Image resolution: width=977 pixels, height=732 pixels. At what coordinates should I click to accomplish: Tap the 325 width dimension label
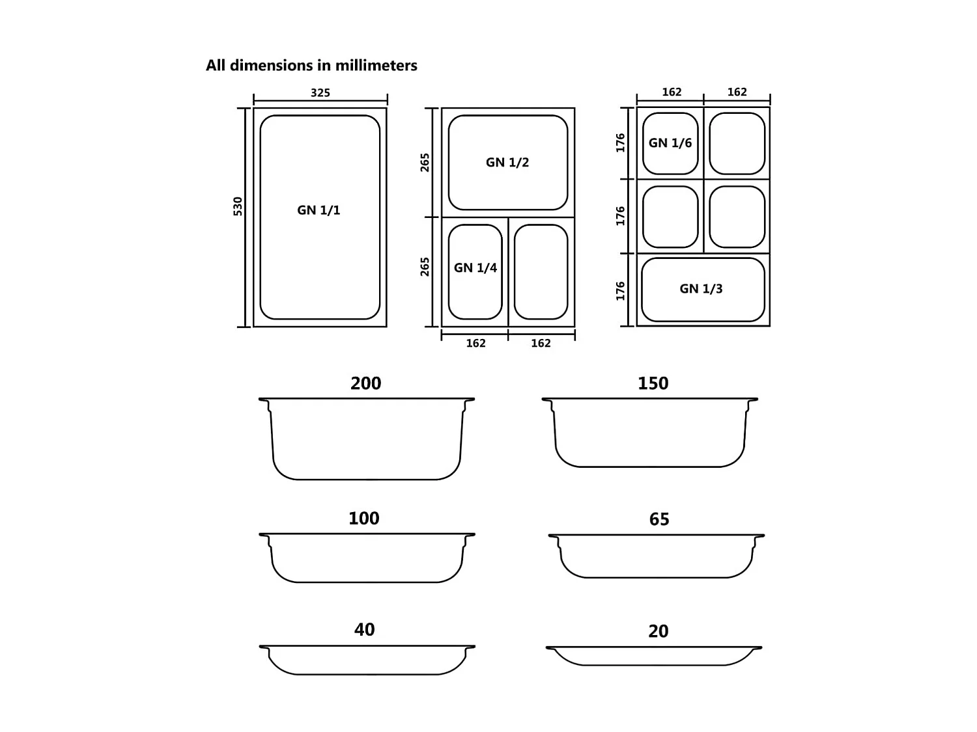tap(320, 93)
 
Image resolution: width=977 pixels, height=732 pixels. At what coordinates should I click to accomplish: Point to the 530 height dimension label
tap(238, 206)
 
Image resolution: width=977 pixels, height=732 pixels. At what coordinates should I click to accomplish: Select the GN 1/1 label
tap(319, 210)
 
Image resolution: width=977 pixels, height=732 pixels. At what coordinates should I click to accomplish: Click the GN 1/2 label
tap(507, 163)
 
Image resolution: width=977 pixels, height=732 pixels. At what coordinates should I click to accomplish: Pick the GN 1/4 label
tap(475, 268)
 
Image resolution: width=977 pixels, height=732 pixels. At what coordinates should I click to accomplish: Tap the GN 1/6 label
tap(670, 143)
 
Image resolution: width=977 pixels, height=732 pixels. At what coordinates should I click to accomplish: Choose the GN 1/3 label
tap(701, 289)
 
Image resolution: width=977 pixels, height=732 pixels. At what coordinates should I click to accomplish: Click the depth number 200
tap(366, 383)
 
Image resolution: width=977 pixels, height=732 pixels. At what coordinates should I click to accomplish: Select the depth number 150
tap(653, 383)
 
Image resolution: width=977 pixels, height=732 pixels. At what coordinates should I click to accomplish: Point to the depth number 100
tap(364, 519)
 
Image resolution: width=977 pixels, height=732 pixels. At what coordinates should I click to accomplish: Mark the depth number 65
tap(659, 519)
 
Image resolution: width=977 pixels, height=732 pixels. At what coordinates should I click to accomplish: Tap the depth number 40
tap(365, 630)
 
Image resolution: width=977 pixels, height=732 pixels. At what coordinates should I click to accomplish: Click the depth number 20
tap(658, 631)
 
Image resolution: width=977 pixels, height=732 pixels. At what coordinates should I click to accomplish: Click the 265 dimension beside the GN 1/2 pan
tap(425, 162)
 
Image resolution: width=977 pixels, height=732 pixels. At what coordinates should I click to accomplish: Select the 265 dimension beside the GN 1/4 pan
tap(425, 267)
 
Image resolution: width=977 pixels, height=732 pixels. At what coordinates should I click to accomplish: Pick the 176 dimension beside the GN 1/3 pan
tap(621, 291)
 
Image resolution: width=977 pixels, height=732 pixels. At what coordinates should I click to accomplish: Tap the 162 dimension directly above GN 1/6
tap(672, 92)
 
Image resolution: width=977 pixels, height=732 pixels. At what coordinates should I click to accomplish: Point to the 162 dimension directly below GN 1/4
tap(475, 344)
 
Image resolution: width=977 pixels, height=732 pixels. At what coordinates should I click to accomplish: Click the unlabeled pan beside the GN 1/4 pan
tap(541, 272)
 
